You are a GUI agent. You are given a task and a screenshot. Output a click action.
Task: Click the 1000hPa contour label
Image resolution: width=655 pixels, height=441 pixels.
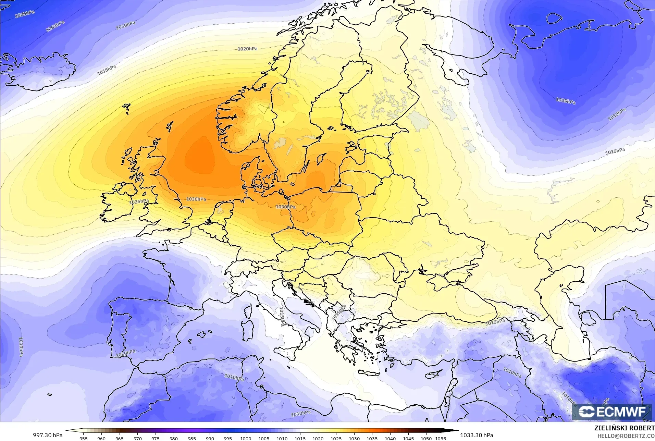coord(25,14)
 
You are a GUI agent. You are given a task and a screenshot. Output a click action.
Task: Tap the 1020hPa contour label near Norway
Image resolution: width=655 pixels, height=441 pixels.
coord(247,49)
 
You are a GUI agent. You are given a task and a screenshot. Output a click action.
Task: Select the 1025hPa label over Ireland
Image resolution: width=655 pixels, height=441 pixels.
coord(139,202)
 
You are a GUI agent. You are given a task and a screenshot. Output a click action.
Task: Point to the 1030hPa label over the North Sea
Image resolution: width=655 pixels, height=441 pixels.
coord(196,199)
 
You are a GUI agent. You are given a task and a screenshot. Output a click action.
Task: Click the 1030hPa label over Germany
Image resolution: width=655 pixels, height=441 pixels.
coord(286,207)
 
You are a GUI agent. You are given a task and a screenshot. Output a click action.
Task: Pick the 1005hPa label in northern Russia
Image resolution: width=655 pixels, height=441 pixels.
coord(565,101)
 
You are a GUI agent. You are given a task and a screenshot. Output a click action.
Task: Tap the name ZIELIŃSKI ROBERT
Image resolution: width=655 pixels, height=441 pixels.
coord(625,428)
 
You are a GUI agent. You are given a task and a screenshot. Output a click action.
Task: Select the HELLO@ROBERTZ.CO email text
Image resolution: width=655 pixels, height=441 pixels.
coord(626,436)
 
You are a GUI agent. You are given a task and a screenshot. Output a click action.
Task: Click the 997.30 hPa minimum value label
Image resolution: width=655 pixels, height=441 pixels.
coord(48,435)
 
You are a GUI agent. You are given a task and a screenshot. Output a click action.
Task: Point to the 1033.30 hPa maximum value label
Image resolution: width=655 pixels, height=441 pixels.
coord(477,435)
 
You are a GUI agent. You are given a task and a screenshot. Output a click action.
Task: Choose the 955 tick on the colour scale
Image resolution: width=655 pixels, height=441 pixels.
coord(83,438)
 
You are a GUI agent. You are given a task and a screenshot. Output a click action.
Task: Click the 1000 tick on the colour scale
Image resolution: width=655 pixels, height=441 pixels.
coord(246,438)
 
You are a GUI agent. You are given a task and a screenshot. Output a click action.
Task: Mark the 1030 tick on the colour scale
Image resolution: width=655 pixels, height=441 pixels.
coord(354,438)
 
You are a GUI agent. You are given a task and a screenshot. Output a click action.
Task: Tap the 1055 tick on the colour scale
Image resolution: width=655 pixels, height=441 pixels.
coord(441,438)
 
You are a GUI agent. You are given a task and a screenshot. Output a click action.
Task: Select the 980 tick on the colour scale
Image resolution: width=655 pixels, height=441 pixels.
coord(174,438)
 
